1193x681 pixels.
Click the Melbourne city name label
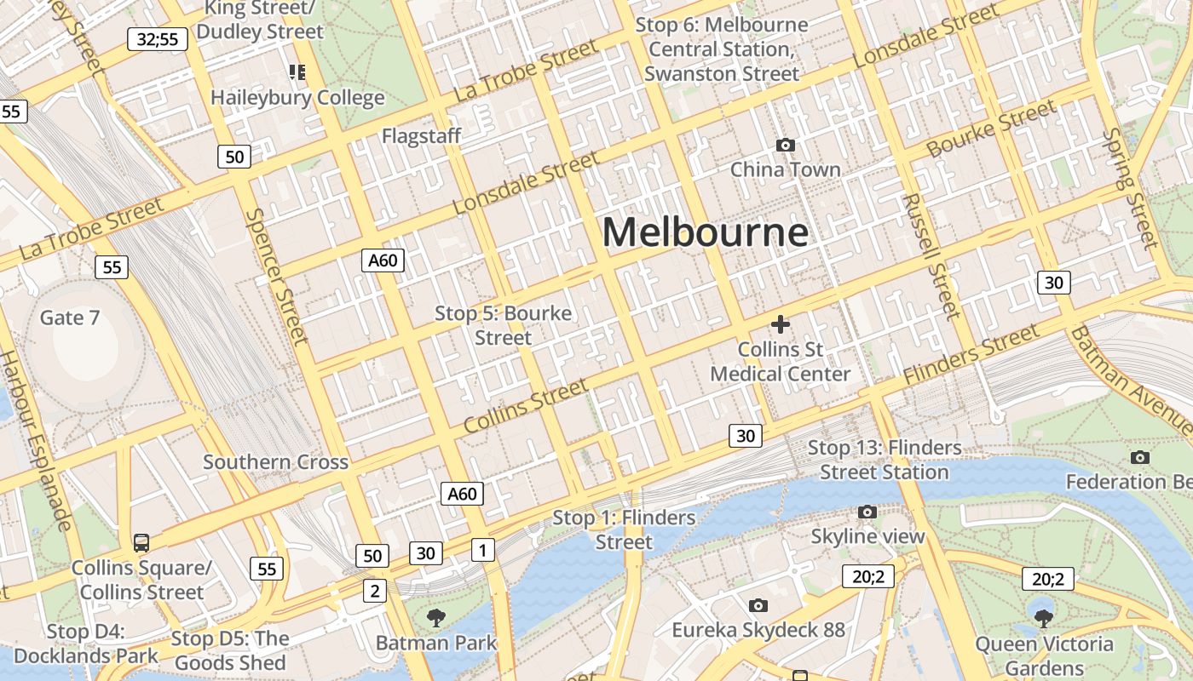[705, 232]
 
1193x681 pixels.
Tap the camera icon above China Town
[786, 146]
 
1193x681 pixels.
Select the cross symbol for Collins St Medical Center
[780, 324]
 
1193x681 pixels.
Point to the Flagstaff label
[421, 136]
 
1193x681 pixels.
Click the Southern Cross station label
[275, 462]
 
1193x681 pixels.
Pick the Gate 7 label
[70, 318]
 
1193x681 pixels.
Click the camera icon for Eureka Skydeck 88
[758, 605]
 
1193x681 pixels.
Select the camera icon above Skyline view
[867, 512]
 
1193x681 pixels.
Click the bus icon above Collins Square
[141, 542]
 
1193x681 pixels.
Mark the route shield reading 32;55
[158, 39]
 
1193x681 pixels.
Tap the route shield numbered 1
[483, 550]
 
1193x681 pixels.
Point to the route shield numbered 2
[375, 590]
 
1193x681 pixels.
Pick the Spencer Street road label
[276, 277]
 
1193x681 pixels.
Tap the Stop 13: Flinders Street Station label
[884, 460]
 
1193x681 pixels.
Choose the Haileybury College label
[297, 97]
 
